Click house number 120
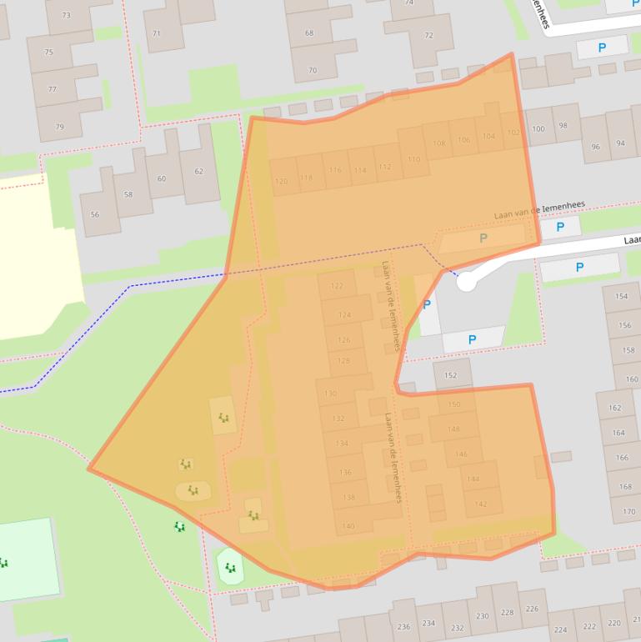point(282,180)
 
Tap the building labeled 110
point(414,159)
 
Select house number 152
point(450,375)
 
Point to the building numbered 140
point(348,526)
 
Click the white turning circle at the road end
point(467,283)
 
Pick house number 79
point(59,127)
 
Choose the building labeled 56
point(94,214)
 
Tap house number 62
point(198,172)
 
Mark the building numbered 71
point(157,33)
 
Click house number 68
point(309,33)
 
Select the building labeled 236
point(403,626)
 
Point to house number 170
point(628,511)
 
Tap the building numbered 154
point(622,296)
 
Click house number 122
point(337,285)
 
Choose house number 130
point(330,394)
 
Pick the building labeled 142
point(481,504)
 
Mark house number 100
point(538,128)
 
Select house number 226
point(531,609)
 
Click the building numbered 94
point(620,143)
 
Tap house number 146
point(461,454)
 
